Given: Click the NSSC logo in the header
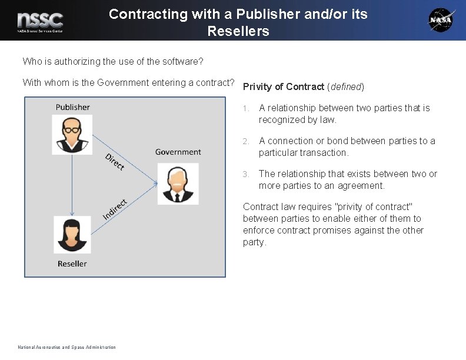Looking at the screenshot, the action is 40,21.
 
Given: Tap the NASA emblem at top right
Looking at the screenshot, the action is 441,20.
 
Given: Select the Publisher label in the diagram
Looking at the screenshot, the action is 73,107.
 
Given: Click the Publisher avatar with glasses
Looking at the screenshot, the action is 72,135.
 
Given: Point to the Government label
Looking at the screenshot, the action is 178,152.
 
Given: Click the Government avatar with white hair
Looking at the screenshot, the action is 178,184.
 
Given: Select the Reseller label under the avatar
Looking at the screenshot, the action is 72,264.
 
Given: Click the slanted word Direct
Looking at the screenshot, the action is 114,161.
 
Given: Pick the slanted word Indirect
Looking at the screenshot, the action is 115,209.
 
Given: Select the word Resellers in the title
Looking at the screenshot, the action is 238,31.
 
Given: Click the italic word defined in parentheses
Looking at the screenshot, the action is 346,87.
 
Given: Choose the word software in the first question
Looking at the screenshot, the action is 182,61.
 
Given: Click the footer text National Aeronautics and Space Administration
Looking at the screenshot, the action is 66,347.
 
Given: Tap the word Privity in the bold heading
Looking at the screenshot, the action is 258,87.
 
